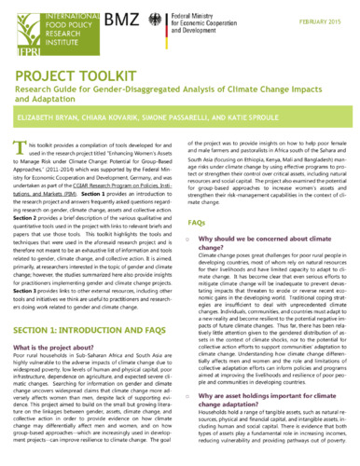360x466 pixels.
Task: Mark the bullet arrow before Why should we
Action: (x=191, y=240)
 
